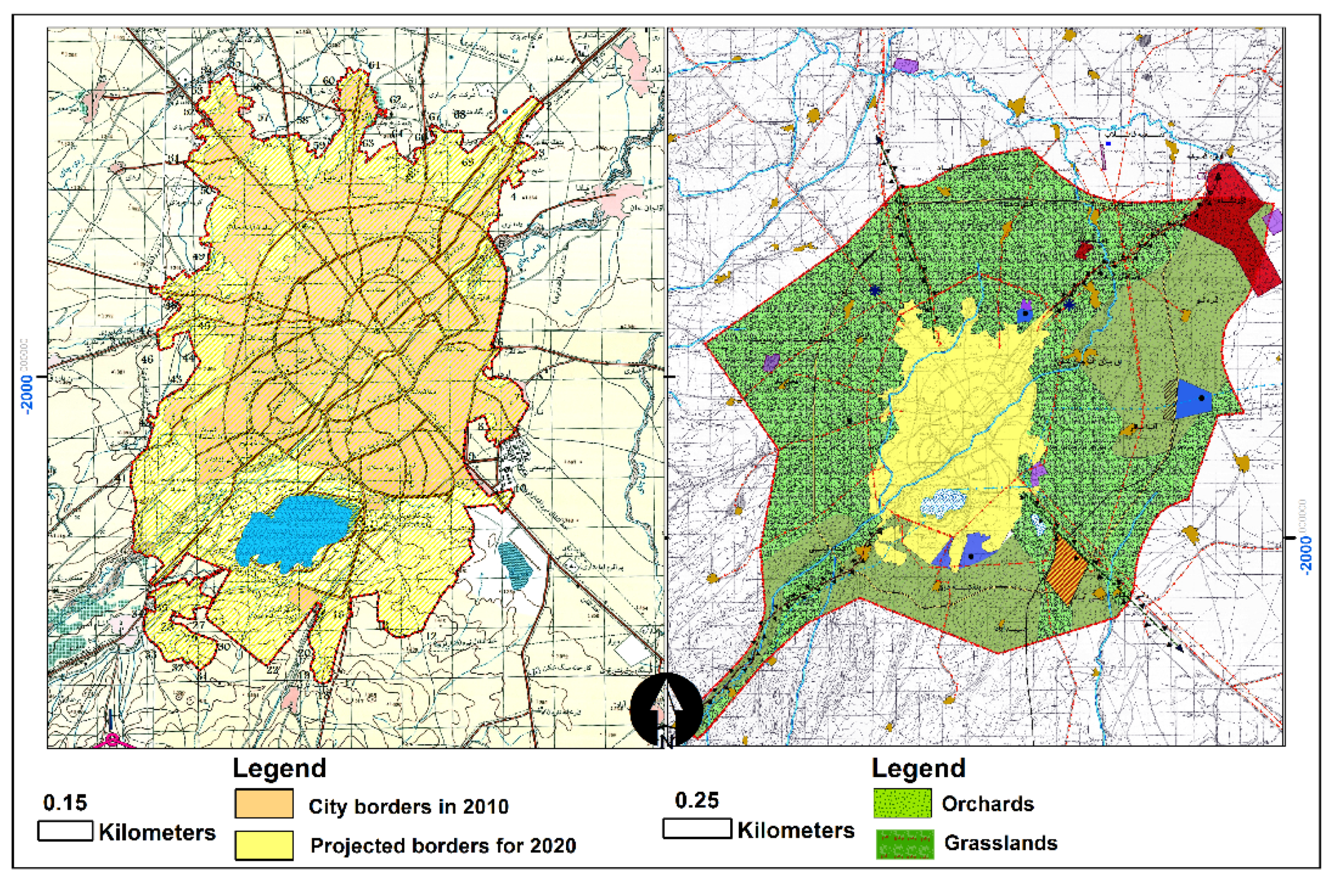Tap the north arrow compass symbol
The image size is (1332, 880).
[666, 708]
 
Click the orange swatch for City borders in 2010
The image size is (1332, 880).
[264, 804]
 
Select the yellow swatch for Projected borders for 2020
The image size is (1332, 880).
[264, 845]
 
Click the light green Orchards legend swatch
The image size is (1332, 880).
[902, 803]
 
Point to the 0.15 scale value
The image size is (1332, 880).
[65, 803]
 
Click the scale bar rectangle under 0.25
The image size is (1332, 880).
[696, 829]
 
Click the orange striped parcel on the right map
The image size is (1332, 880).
[1067, 569]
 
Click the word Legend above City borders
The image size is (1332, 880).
[279, 768]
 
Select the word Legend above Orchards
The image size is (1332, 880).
[918, 768]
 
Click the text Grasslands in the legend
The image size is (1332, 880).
[1000, 843]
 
